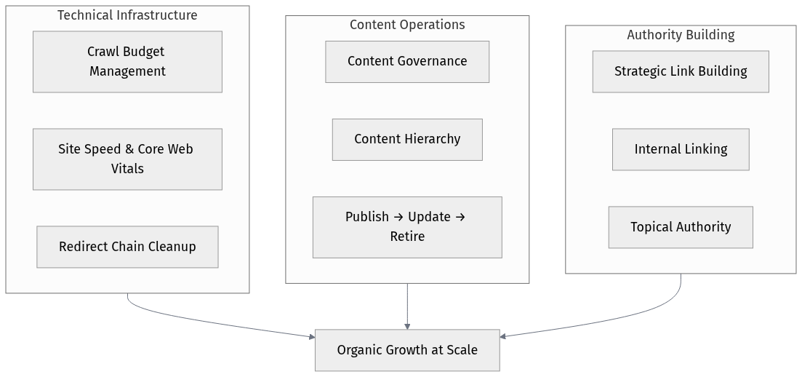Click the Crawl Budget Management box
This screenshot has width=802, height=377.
[x=127, y=62]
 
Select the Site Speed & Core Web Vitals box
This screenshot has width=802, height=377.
[x=127, y=159]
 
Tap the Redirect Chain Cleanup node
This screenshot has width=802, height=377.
[x=127, y=247]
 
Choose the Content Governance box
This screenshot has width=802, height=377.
[x=407, y=61]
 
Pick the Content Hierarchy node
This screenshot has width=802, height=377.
[x=407, y=139]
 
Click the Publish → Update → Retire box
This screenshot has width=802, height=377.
[x=407, y=226]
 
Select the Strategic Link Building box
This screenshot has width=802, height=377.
[x=681, y=71]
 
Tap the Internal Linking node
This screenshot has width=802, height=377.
[x=681, y=149]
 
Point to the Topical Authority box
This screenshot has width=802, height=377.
[x=681, y=227]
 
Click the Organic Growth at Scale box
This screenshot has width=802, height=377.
[x=407, y=350]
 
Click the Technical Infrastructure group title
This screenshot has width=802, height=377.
[x=127, y=15]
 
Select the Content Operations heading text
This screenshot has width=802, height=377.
[x=407, y=25]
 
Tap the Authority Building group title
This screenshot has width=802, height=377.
[x=681, y=35]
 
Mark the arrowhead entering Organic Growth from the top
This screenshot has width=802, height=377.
[x=407, y=325]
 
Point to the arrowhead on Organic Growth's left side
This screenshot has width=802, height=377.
[x=310, y=336]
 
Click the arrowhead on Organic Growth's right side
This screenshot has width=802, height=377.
[x=504, y=336]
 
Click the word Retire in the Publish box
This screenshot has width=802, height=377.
[x=407, y=237]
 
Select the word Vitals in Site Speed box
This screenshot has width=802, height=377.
[x=127, y=169]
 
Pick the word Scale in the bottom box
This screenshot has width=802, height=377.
[x=462, y=350]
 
